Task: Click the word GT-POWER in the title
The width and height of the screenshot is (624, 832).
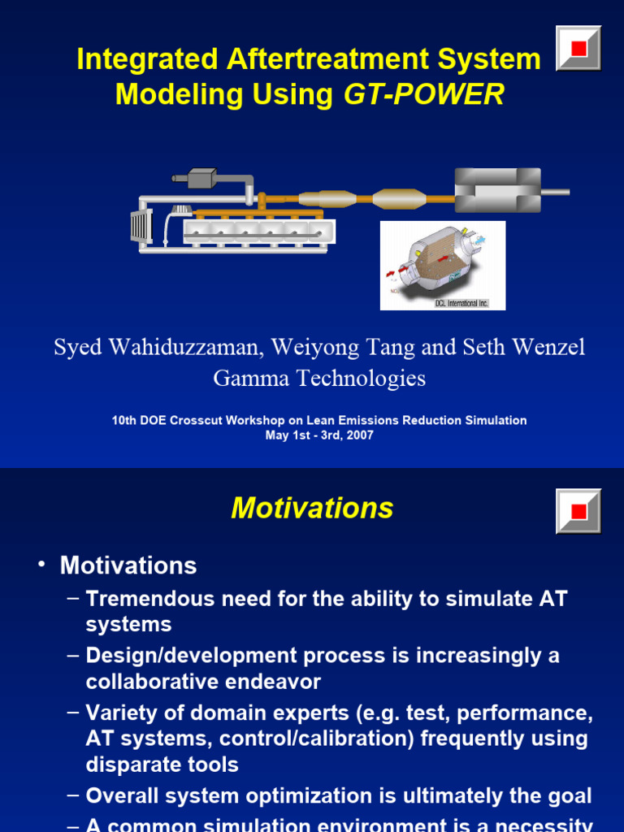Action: click(423, 95)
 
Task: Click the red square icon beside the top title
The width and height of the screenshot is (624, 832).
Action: click(578, 49)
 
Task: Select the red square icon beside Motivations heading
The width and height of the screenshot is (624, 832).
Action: click(578, 511)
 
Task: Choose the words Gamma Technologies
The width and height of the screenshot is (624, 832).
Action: click(318, 378)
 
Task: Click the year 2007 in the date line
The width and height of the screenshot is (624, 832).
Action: click(358, 435)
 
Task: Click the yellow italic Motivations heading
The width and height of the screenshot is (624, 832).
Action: click(312, 509)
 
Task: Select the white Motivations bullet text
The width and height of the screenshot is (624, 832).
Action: click(128, 565)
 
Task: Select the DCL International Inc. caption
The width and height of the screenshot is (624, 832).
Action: click(461, 303)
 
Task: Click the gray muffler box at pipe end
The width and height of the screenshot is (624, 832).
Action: click(497, 191)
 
